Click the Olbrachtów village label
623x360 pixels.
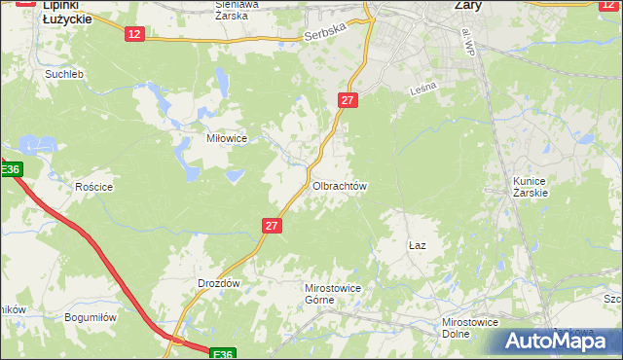[339, 185]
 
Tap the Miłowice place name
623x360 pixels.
[225, 138]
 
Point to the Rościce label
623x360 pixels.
[94, 187]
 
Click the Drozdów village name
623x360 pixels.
[218, 282]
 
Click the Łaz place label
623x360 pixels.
[417, 247]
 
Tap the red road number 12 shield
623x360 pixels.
[134, 34]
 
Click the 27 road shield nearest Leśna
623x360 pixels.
[349, 100]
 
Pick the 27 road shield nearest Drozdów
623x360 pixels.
[272, 226]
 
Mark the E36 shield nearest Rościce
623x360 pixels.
[9, 170]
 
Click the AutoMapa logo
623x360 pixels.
[556, 342]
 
